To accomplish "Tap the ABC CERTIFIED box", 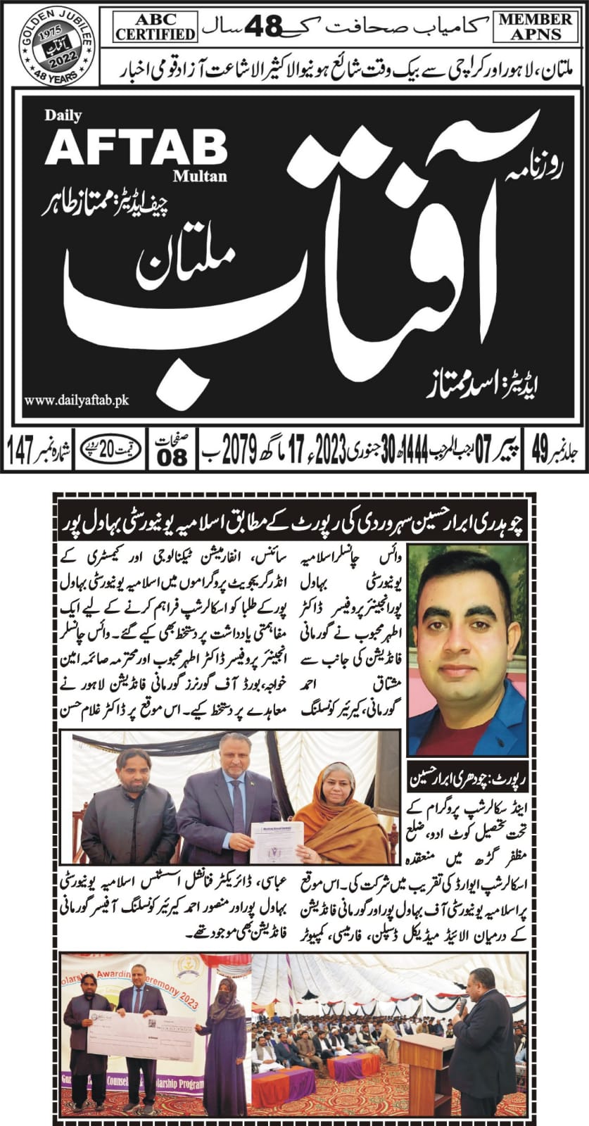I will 156,25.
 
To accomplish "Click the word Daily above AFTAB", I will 63,115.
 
